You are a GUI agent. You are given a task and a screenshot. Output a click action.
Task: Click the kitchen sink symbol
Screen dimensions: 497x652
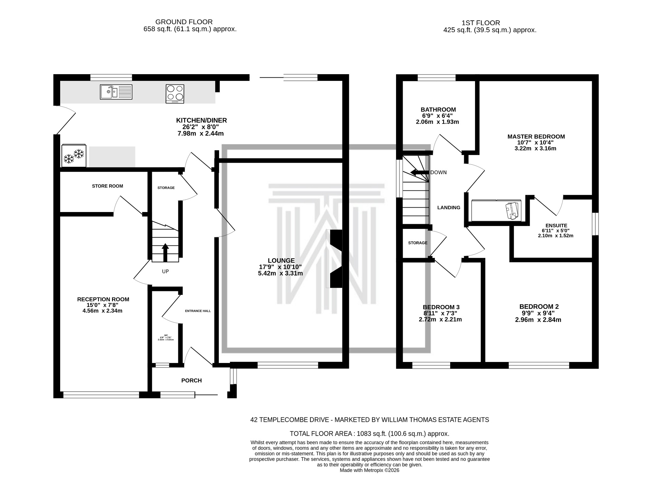(x=116, y=92)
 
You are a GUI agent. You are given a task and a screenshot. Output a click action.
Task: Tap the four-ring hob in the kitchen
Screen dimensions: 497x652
(x=175, y=94)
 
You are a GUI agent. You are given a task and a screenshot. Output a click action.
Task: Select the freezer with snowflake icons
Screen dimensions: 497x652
(x=74, y=156)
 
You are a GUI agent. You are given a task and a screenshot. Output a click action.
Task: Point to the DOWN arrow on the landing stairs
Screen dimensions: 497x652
(x=419, y=173)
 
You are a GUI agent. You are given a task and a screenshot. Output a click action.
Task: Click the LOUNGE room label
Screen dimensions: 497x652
(x=281, y=261)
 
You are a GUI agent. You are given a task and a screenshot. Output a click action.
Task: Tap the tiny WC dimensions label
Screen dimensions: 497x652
(x=166, y=338)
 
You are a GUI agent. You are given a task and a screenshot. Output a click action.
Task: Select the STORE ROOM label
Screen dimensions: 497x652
(x=107, y=186)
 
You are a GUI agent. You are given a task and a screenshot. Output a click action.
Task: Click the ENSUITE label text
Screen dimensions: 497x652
(x=556, y=225)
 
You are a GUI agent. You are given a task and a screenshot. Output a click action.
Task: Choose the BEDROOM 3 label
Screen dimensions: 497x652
(x=441, y=307)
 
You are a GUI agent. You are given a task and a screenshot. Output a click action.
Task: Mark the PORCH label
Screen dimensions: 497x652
(x=191, y=380)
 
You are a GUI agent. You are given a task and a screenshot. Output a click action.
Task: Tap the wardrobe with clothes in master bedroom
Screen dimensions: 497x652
(x=496, y=210)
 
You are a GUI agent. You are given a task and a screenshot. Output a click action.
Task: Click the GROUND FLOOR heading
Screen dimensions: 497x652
(x=184, y=22)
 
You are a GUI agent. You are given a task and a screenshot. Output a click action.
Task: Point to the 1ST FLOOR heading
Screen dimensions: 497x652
(x=480, y=23)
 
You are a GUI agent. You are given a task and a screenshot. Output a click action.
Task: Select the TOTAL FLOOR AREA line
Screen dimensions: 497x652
(x=369, y=434)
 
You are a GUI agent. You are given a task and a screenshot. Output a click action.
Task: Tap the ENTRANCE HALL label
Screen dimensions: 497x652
(x=198, y=311)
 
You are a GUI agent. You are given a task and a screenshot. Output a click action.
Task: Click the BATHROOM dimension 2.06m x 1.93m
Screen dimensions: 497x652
(x=437, y=122)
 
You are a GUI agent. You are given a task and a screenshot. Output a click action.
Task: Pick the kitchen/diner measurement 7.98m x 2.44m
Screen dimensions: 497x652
(x=200, y=133)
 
